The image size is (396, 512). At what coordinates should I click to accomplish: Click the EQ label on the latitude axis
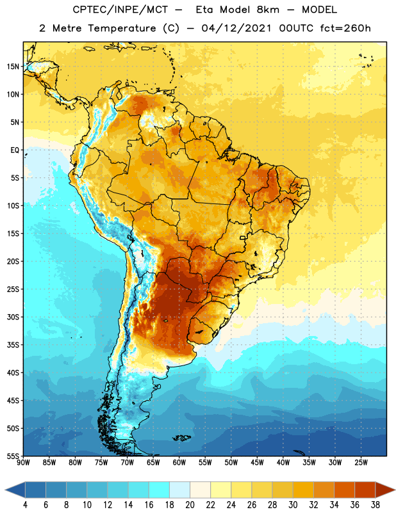tap(15, 150)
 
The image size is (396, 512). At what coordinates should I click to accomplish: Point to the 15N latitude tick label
tap(13, 67)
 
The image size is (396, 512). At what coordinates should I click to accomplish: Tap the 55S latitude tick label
tap(13, 456)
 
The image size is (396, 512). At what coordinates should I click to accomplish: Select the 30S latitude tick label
tap(13, 317)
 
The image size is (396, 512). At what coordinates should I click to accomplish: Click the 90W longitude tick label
tap(23, 463)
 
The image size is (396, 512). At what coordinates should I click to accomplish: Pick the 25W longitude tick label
tap(361, 463)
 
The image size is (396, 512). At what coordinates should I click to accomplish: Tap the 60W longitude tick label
tap(179, 463)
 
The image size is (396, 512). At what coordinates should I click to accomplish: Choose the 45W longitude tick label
tap(257, 463)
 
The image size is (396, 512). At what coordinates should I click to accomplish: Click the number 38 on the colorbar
tap(375, 505)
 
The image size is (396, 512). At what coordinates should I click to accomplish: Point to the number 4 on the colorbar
tap(25, 505)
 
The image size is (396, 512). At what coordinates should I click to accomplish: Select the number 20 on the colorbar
tap(190, 505)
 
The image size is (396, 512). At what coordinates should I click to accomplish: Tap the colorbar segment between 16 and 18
tap(160, 490)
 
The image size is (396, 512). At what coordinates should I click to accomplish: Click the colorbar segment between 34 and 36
tap(345, 490)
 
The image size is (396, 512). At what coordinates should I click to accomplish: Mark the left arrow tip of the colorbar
tap(5, 490)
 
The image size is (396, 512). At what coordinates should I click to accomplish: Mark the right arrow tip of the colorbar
tap(395, 490)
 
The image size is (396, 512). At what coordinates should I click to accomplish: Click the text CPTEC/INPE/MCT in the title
tap(120, 10)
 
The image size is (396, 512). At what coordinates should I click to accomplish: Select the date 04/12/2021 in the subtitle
tap(236, 28)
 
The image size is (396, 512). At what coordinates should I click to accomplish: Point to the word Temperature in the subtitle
tap(122, 29)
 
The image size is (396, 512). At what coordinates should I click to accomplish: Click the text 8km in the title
tap(268, 10)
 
